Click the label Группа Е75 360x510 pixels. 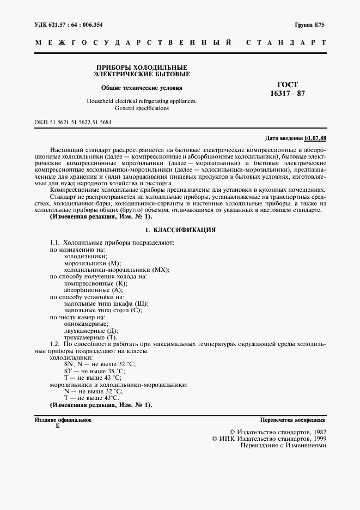(310, 26)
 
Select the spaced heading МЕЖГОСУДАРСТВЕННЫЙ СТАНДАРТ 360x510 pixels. (180, 42)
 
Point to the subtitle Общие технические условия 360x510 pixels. (142, 87)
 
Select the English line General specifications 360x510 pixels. (142, 108)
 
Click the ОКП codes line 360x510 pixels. (72, 122)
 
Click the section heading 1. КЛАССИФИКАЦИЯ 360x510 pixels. (180, 230)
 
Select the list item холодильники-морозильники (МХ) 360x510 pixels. (117, 270)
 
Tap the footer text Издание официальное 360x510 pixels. (63, 420)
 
